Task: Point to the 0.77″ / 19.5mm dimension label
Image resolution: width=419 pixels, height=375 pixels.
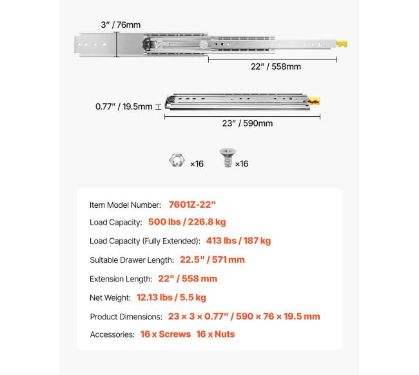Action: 124,106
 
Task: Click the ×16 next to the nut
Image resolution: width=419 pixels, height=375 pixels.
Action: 196,164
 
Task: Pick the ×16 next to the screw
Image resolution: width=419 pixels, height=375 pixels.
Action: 241,164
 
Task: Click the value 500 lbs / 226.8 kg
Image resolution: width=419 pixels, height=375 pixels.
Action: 187,223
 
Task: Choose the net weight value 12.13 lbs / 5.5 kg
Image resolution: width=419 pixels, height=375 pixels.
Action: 171,298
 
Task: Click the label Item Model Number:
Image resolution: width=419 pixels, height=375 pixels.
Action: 125,205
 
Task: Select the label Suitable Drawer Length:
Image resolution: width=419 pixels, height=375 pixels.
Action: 132,260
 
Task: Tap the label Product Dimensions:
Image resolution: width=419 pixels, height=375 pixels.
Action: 126,316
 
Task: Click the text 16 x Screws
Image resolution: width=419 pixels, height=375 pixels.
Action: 166,334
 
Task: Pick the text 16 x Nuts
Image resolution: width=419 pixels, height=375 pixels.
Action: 216,334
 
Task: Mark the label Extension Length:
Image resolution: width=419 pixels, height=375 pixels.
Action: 121,279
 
